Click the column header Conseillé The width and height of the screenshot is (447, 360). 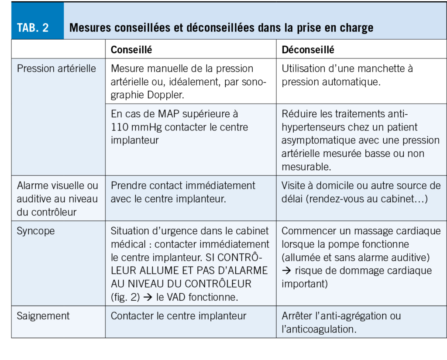pos(131,50)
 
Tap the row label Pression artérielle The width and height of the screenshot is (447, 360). pos(56,69)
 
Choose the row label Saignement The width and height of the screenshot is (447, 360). pos(43,316)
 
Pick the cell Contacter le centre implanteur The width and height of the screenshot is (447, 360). pos(179,316)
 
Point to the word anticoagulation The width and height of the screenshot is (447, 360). pos(321,329)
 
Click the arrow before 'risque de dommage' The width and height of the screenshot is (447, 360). pos(286,271)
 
